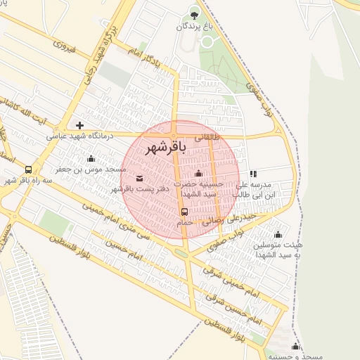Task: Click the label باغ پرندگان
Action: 194,26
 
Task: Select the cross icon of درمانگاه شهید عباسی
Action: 79,125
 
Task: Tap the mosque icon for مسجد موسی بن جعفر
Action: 91,158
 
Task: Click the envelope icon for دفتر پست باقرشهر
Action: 139,178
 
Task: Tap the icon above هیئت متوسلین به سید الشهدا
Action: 278,234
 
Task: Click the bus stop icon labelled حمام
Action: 184,210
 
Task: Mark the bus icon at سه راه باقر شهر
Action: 28,169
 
